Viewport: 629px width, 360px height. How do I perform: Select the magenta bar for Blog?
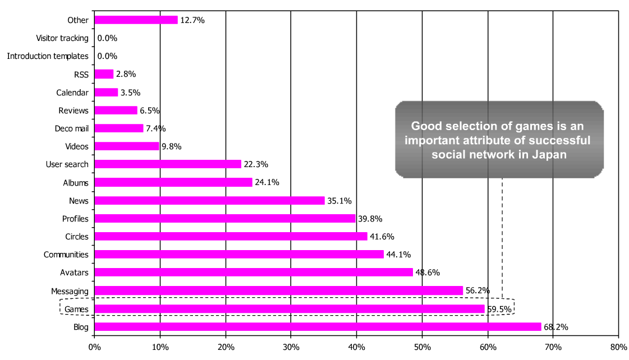coord(318,327)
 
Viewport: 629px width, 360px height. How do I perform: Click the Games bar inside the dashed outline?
coord(290,309)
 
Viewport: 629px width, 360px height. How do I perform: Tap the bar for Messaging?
coord(279,290)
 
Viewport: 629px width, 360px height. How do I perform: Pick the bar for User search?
coord(168,164)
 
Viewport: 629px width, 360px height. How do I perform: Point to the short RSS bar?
coord(104,74)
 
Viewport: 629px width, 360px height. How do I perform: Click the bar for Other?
coord(136,20)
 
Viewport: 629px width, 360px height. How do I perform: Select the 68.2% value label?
coord(555,327)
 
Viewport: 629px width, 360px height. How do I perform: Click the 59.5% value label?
coord(499,309)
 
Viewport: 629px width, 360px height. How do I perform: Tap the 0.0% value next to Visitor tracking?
coord(107,38)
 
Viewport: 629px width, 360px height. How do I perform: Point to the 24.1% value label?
coord(267,182)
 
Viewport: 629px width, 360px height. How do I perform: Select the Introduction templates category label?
coord(48,56)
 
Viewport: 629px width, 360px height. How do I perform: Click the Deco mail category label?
coord(71,128)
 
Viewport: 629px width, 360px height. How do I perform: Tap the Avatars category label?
coord(74,273)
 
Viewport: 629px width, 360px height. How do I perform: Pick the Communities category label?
coord(66,255)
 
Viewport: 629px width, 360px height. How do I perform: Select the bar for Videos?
coord(127,146)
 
